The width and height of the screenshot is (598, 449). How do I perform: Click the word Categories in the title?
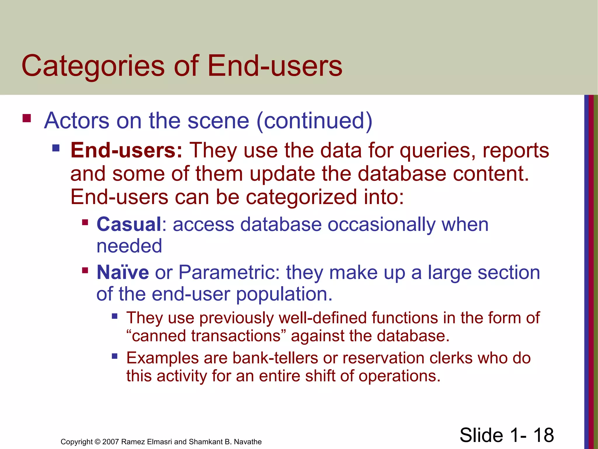pyautogui.click(x=93, y=67)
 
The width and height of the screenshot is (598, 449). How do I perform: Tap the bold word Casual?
pyautogui.click(x=129, y=224)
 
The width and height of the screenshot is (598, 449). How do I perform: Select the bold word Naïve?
pyautogui.click(x=123, y=272)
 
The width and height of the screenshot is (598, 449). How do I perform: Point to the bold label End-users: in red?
pyautogui.click(x=126, y=151)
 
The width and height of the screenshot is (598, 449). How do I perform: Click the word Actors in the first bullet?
pyautogui.click(x=77, y=121)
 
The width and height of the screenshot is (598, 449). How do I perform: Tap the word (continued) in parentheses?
pyautogui.click(x=314, y=121)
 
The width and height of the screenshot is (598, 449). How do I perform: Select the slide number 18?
pyautogui.click(x=543, y=435)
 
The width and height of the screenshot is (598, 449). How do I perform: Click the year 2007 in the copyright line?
pyautogui.click(x=110, y=442)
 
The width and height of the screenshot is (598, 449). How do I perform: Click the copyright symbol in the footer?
pyautogui.click(x=98, y=442)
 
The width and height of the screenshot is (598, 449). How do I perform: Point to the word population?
pyautogui.click(x=284, y=294)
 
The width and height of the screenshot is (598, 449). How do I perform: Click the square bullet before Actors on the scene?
pyautogui.click(x=27, y=118)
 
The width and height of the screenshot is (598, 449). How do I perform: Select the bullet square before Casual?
pyautogui.click(x=85, y=222)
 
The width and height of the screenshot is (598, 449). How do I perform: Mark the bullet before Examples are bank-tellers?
pyautogui.click(x=114, y=356)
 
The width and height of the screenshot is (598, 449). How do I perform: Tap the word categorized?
pyautogui.click(x=301, y=197)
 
